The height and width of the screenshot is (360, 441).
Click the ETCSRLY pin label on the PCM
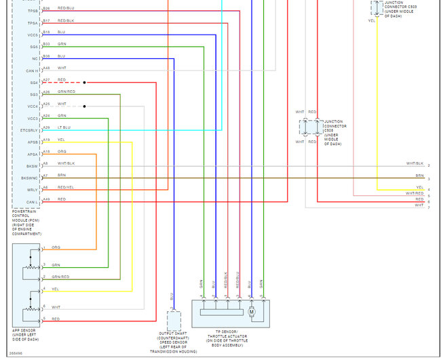30,129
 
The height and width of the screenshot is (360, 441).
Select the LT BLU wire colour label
64,127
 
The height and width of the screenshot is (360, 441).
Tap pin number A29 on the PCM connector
46,127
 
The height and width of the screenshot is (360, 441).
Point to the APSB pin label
33,142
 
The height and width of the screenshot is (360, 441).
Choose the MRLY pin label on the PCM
33,189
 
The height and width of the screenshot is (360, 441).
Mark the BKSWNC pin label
30,178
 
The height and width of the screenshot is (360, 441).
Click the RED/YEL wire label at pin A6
65,187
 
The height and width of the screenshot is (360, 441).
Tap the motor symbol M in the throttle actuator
252,313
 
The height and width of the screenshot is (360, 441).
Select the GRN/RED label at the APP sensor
60,277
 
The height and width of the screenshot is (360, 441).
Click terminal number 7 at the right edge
428,207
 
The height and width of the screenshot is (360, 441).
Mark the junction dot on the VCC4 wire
85,106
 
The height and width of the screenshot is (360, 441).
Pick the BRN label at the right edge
419,175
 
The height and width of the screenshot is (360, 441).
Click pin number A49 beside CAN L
46,199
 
